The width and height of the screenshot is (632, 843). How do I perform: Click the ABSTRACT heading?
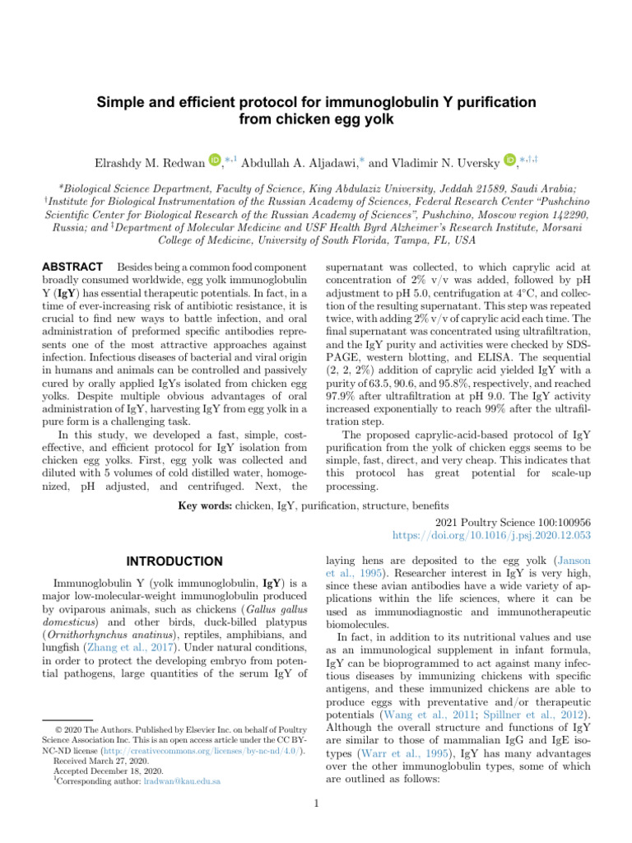point(71,268)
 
